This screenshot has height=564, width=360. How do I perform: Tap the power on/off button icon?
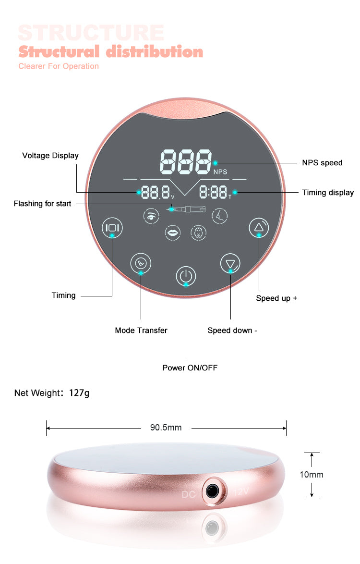pos(186,276)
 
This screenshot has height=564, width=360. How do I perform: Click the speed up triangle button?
pos(259,227)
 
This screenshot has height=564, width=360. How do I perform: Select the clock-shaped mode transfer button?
pos(141,263)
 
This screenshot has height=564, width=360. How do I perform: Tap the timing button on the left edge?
pos(112,228)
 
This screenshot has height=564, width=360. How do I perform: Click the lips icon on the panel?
pos(173,233)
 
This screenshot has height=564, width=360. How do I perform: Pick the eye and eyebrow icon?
pos(151,216)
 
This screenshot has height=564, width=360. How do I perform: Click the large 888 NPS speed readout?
pos(186,161)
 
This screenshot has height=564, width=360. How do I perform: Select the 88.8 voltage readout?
pos(156,192)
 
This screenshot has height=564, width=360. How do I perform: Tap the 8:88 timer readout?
pos(214,192)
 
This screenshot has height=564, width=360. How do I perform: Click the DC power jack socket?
pos(212,490)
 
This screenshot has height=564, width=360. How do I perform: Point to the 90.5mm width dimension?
pos(166,428)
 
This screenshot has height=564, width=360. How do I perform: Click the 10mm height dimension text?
pos(312,475)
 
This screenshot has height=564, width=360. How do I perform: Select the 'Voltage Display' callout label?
pos(50,155)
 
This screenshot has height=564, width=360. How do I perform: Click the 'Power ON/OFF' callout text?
pos(190,368)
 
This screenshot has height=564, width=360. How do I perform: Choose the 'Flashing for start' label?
pos(42,204)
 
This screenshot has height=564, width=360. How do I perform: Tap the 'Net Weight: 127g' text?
pos(52,393)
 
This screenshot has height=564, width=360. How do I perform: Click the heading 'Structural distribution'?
pos(111,51)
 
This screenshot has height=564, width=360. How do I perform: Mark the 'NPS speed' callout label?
pos(322,162)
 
